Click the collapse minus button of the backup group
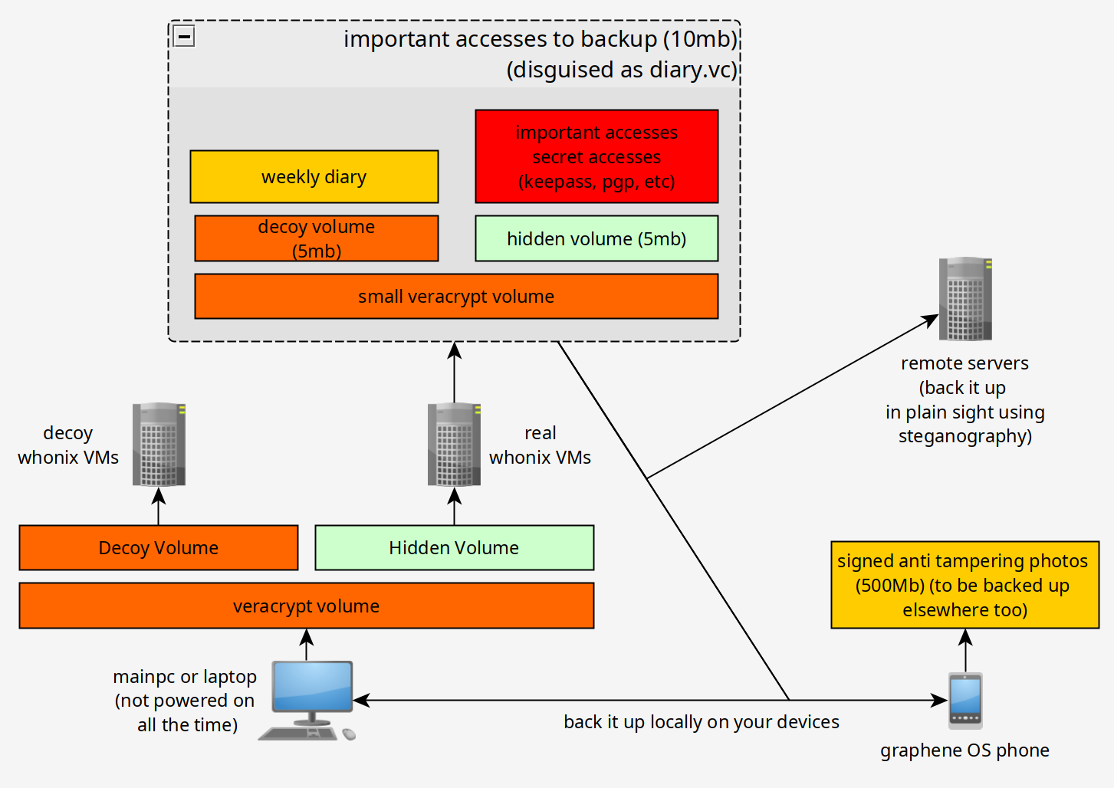(x=184, y=36)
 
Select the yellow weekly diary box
(x=314, y=176)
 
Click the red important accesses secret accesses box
(x=596, y=156)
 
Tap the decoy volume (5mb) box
(x=317, y=238)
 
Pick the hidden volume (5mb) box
(x=596, y=238)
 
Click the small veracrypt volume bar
(x=456, y=297)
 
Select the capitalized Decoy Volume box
(x=159, y=547)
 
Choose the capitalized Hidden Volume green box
(x=454, y=547)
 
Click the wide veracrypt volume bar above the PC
(x=307, y=606)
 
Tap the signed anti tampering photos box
(x=964, y=585)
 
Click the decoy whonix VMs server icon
(x=159, y=444)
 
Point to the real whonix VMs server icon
(x=454, y=444)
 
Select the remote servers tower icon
(x=965, y=298)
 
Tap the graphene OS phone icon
(x=965, y=701)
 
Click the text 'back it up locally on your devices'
(x=702, y=721)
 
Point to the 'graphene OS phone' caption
(x=964, y=750)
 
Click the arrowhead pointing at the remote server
(x=930, y=320)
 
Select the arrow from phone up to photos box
(x=965, y=650)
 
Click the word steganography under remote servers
(x=964, y=436)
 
